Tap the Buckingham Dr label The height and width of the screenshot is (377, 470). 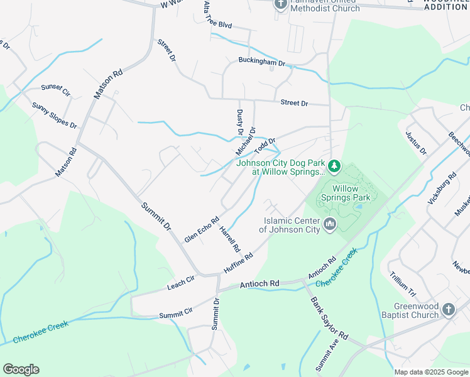coord(262,62)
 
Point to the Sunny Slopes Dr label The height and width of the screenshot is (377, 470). coord(54,116)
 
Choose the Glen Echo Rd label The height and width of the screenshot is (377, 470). coord(202,230)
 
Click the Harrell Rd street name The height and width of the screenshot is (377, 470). coord(229,239)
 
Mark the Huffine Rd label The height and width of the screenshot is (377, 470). coord(238,263)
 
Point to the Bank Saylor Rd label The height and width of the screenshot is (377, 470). coord(329,319)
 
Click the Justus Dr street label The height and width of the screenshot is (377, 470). coord(416,143)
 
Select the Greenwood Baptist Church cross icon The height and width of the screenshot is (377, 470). coord(448,309)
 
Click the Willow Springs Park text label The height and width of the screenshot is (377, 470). coord(345,193)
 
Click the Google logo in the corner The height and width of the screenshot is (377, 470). coord(21,369)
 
